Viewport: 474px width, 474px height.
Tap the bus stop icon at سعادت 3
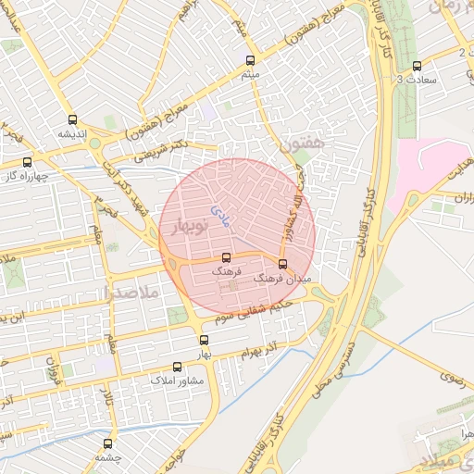tap(417, 66)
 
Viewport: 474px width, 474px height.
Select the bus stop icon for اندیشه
tap(72, 119)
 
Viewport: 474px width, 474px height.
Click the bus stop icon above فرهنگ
tap(226, 258)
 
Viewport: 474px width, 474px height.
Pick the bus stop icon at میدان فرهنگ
tap(282, 263)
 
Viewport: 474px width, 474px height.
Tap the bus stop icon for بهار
tap(205, 339)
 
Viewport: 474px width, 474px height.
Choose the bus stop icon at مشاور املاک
tap(178, 367)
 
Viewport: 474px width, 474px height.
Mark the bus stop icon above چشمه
tap(109, 443)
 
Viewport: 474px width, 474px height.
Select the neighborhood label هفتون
tap(302, 143)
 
